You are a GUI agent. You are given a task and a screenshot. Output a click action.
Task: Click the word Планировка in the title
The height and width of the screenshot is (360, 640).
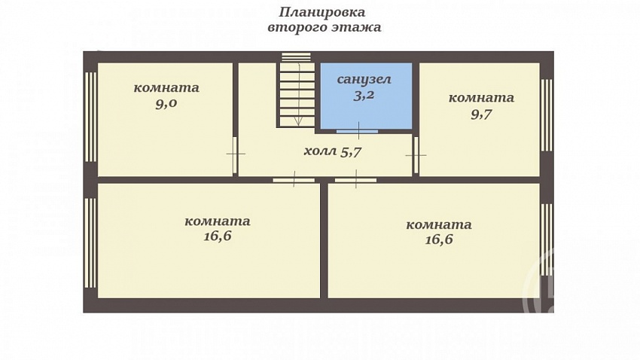point(322,12)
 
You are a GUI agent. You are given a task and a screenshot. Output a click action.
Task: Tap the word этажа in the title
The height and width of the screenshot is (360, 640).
point(355,27)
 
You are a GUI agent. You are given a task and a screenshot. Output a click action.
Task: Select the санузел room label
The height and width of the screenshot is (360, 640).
point(364,79)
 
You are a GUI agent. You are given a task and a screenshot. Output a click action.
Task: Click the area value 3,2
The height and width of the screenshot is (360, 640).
point(364,96)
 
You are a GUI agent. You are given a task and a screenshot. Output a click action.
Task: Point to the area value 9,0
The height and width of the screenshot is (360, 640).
point(166,104)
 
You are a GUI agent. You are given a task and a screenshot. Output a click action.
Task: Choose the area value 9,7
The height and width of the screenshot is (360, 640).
point(481,114)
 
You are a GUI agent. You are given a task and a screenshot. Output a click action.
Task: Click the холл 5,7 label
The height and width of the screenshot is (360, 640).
point(333,151)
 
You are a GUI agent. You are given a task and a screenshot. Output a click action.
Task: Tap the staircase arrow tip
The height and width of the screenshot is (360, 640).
point(298,125)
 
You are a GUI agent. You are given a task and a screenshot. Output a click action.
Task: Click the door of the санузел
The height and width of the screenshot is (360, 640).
point(358,132)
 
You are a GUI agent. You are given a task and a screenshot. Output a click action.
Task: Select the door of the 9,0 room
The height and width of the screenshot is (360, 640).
point(235,154)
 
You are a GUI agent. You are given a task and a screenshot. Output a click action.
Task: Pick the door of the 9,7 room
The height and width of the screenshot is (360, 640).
point(416,155)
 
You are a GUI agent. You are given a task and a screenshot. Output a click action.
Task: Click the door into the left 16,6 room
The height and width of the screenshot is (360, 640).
point(294,179)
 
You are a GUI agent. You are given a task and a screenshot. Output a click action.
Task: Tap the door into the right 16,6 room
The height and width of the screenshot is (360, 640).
point(356,179)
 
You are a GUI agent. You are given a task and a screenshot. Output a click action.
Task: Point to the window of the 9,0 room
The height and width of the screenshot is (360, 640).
point(90,117)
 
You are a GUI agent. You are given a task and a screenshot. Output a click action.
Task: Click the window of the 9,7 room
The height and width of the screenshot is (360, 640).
point(547,115)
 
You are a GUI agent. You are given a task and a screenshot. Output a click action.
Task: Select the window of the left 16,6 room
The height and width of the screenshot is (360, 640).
point(90,243)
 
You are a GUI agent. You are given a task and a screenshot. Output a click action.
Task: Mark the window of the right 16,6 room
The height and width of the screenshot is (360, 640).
point(547,240)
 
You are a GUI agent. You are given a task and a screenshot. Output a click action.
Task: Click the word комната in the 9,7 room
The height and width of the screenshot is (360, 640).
point(481,98)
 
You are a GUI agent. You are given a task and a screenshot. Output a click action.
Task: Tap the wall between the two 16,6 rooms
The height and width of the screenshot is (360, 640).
point(324,240)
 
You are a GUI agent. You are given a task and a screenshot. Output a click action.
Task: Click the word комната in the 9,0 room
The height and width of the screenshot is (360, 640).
point(166,88)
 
